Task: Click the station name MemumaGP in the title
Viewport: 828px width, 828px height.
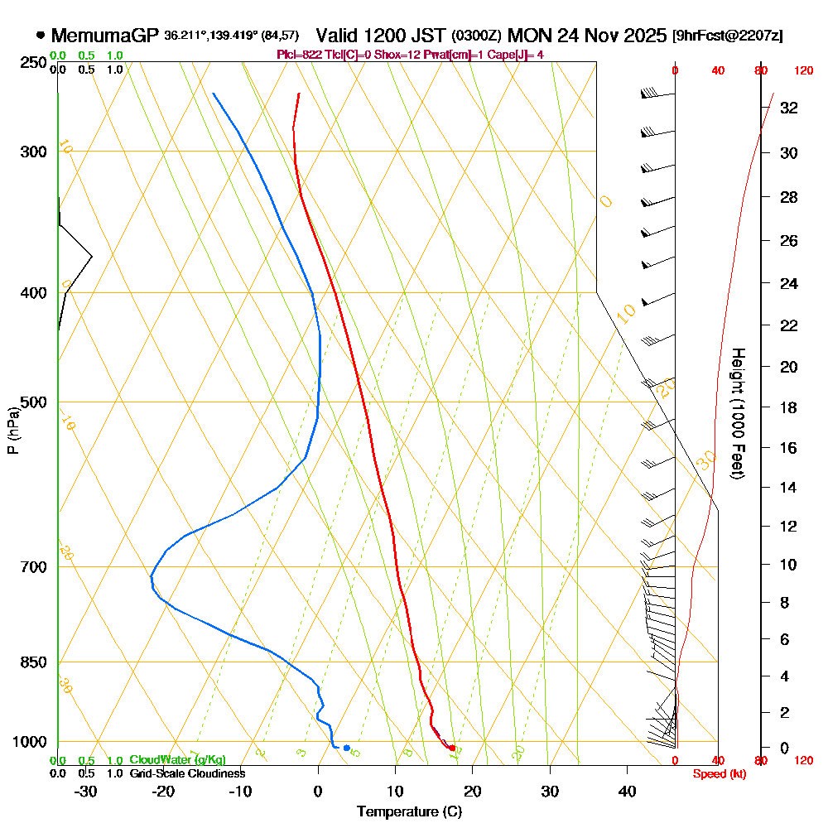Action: click(104, 36)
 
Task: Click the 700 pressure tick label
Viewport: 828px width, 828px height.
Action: click(33, 567)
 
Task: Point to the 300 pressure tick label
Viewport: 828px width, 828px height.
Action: click(33, 152)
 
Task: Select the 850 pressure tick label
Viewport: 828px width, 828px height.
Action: click(33, 662)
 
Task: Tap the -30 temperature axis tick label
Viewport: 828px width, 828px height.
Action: click(86, 792)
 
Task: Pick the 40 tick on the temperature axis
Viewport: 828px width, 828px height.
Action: click(628, 792)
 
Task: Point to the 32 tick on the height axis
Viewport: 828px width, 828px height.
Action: click(789, 108)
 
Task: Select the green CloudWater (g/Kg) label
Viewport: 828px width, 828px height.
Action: click(177, 760)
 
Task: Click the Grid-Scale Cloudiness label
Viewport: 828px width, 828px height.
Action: click(186, 773)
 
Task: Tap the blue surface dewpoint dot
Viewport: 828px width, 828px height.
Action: click(347, 748)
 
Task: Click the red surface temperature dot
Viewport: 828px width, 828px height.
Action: click(452, 748)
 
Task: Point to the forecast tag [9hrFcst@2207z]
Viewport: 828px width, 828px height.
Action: click(728, 36)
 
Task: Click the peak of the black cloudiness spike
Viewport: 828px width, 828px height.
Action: click(92, 257)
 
